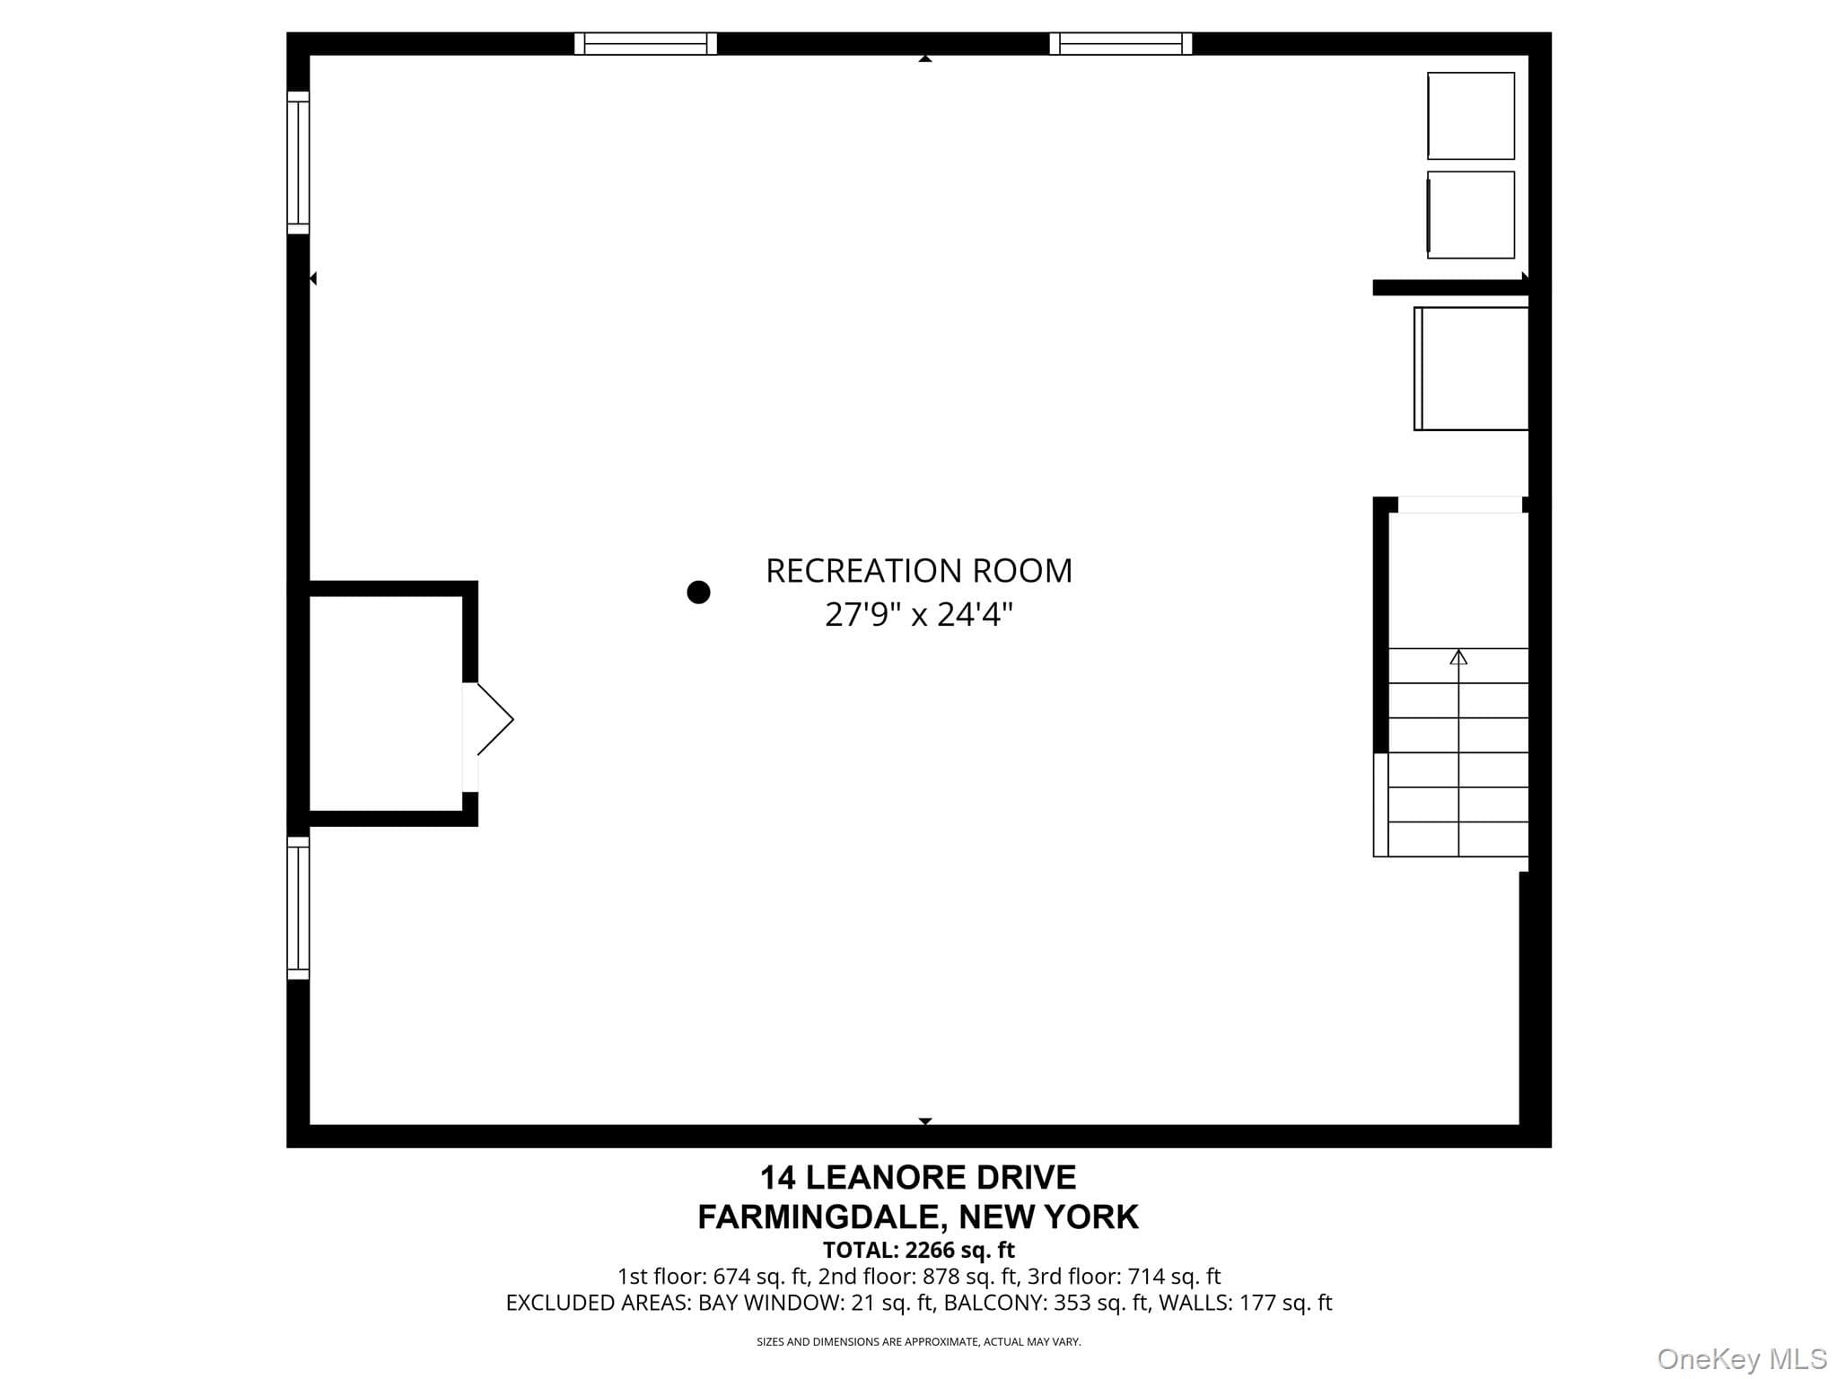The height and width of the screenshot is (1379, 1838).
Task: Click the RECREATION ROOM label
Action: coord(919,571)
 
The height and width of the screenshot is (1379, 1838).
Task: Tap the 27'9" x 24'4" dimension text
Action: coord(919,615)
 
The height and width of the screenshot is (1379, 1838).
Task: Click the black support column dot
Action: coord(698,593)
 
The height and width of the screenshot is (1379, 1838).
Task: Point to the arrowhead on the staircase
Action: coord(1458,657)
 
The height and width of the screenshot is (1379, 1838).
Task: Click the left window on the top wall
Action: coord(645,44)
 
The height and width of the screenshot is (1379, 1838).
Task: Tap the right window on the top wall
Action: coord(1121,44)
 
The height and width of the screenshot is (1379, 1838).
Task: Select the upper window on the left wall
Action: coord(298,162)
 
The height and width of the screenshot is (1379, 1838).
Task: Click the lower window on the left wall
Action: coord(298,908)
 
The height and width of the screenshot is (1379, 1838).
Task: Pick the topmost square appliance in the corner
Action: coord(1471,116)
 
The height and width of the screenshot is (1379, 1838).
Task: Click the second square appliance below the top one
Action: coord(1471,215)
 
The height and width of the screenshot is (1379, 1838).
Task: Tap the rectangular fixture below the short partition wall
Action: coord(1471,369)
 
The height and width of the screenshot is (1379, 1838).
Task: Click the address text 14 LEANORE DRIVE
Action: coord(918,1177)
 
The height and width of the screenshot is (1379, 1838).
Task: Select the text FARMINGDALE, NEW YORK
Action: coord(918,1217)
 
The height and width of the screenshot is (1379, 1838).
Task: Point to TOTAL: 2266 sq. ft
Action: coord(918,1250)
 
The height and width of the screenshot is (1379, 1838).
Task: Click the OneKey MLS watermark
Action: coord(1742,1359)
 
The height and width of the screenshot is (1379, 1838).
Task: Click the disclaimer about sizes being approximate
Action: coord(918,1342)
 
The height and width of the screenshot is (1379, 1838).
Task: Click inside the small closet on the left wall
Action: coord(386,704)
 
